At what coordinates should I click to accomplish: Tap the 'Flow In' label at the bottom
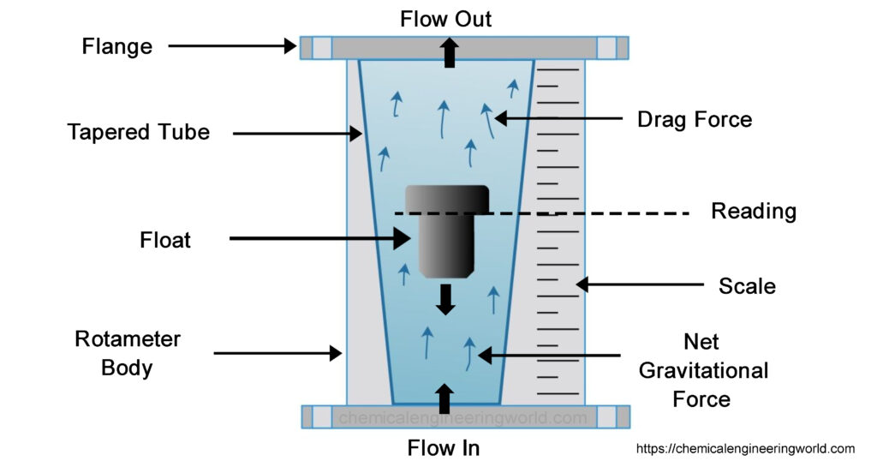(444, 446)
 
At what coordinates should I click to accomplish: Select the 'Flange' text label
(117, 46)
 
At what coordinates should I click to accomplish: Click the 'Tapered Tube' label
(139, 133)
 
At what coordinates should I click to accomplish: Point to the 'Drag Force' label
(695, 119)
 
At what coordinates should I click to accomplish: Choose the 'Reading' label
(754, 211)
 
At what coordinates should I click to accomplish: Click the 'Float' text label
(165, 240)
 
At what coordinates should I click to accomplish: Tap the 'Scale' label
(747, 285)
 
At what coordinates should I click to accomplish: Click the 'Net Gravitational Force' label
(702, 371)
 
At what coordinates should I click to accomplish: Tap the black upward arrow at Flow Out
(445, 54)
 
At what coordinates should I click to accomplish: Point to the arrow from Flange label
(231, 46)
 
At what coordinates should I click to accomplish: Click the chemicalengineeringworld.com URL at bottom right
(744, 448)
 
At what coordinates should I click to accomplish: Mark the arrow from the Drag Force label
(557, 118)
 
